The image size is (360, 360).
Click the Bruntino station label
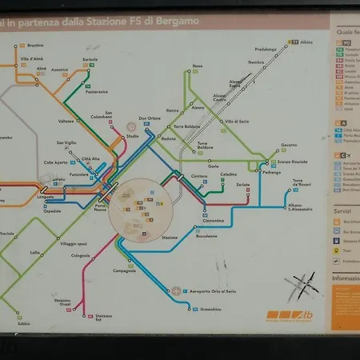click(x=35, y=46)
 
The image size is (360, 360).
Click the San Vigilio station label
click(x=65, y=142)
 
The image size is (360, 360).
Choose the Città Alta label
click(x=90, y=158)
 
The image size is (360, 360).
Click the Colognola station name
click(x=80, y=255)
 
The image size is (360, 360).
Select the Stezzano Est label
click(x=103, y=317)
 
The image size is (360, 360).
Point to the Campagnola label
click(x=124, y=270)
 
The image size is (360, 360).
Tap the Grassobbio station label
click(x=210, y=309)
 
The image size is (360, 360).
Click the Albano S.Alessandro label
click(x=300, y=207)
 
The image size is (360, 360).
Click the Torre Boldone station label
click(x=208, y=146)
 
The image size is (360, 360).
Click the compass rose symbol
click(x=304, y=284)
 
